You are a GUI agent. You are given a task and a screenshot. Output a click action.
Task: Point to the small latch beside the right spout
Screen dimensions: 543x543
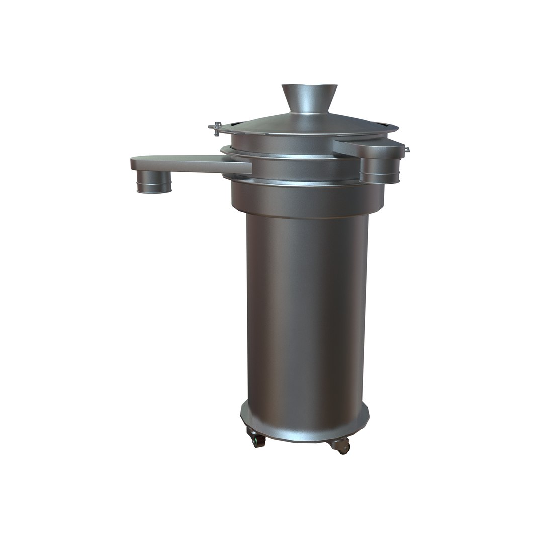pyautogui.click(x=406, y=149)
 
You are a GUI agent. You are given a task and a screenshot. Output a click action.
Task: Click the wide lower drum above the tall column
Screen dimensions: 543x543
pyautogui.click(x=307, y=199)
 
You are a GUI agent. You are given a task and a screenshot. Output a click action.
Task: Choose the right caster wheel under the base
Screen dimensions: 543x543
pyautogui.click(x=342, y=446)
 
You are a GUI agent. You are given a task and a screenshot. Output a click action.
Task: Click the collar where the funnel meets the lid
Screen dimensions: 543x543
pyautogui.click(x=309, y=112)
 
